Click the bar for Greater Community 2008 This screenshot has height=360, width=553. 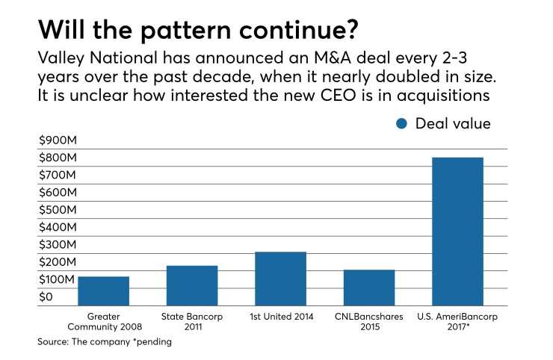point(103,291)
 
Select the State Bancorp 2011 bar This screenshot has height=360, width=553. point(192,285)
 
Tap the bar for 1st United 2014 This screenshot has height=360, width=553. point(280,279)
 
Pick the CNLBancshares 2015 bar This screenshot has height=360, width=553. point(369,288)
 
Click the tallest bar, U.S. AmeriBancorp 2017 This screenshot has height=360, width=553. point(457,232)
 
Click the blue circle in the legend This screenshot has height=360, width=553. point(403,124)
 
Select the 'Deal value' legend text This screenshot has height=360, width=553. point(453,124)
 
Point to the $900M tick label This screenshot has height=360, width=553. point(57,141)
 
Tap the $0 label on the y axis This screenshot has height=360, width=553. point(46,297)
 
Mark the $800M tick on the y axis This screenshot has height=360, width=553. point(57,158)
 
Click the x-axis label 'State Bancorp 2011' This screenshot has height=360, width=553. point(192,321)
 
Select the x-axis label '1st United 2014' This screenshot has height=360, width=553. point(280,317)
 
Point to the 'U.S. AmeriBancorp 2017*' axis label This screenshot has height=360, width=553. point(457,321)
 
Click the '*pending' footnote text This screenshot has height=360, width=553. point(152,342)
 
